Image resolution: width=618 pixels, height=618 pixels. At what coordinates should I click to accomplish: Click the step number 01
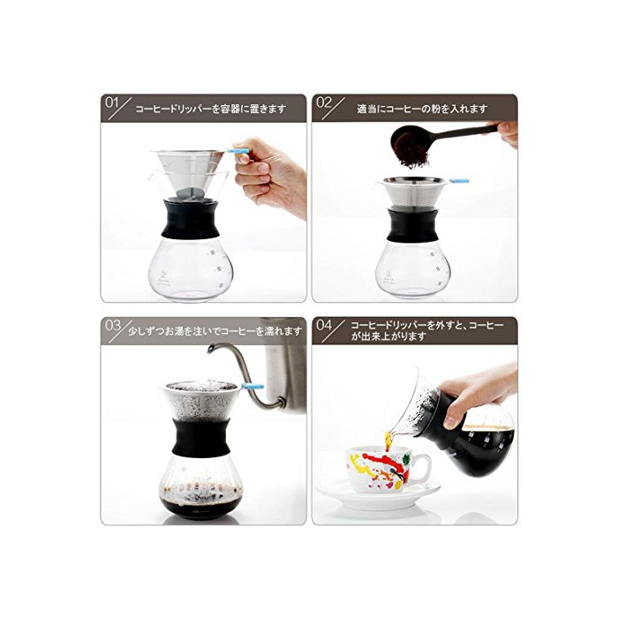tap(111, 103)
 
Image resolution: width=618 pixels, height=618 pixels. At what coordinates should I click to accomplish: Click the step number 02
tap(324, 103)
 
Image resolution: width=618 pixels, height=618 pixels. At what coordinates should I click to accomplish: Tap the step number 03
tap(113, 326)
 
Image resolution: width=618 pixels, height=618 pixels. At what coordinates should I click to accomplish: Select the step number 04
tap(324, 326)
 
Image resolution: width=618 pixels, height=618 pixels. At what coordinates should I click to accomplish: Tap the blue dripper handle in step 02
tap(459, 181)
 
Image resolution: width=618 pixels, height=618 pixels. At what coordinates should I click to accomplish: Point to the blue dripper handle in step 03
tap(252, 387)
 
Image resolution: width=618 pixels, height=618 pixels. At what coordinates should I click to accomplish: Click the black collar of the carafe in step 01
tap(191, 219)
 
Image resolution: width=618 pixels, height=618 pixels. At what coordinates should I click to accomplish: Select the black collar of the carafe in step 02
tap(412, 225)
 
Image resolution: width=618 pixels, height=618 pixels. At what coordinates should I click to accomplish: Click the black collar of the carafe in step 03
tap(201, 438)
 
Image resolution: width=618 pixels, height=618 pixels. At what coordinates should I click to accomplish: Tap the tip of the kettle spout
tap(210, 348)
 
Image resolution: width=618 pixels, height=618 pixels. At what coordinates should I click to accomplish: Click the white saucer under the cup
tap(379, 496)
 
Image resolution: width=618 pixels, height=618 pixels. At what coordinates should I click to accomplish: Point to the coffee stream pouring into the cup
tap(388, 441)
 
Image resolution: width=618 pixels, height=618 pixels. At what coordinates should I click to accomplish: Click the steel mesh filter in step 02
tap(413, 193)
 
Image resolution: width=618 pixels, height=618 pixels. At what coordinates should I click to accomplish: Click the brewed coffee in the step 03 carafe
tap(200, 506)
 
